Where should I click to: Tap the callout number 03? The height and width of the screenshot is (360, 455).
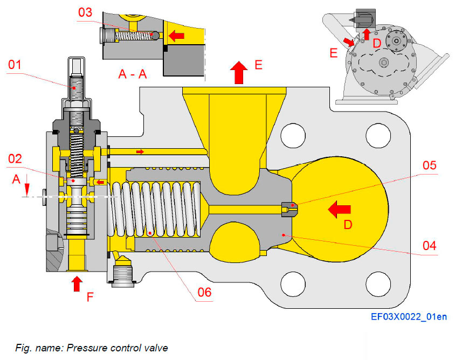(x=85, y=12)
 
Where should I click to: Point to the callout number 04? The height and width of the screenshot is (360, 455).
(x=429, y=246)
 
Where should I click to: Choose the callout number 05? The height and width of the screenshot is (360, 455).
(x=429, y=165)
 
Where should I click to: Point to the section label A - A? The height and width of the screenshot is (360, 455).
(x=133, y=74)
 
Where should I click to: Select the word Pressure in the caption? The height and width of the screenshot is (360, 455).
(x=84, y=348)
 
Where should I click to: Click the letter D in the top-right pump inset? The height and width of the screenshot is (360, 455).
(x=377, y=41)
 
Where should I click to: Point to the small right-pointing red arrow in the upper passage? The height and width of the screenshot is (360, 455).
(x=140, y=152)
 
